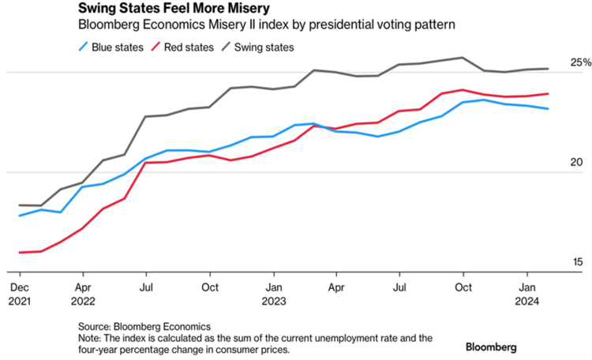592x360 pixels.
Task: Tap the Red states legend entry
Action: point(188,47)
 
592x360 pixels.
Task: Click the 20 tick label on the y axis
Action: point(575,163)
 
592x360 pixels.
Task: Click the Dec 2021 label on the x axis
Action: point(19,293)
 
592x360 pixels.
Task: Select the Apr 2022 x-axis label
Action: point(83,293)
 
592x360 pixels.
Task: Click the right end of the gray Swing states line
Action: point(549,69)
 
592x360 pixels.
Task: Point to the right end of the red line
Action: point(549,94)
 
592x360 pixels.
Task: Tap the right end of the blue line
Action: point(549,109)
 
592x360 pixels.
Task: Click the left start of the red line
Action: point(19,253)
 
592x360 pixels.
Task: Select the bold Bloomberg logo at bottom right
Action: point(491,347)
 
